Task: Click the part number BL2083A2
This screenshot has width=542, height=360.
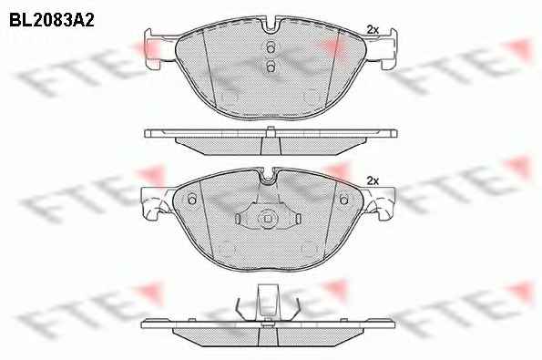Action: click(x=52, y=21)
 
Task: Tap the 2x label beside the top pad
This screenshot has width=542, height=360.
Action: click(x=373, y=30)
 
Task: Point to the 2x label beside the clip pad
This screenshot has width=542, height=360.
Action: click(x=373, y=180)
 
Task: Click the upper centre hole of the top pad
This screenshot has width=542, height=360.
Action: click(x=271, y=48)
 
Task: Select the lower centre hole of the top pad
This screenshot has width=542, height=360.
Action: click(x=271, y=67)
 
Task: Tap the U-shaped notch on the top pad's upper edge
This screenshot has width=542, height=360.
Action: click(x=271, y=26)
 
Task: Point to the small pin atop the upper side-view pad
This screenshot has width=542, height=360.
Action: click(x=271, y=130)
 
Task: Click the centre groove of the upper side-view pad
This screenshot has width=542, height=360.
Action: click(x=271, y=146)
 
